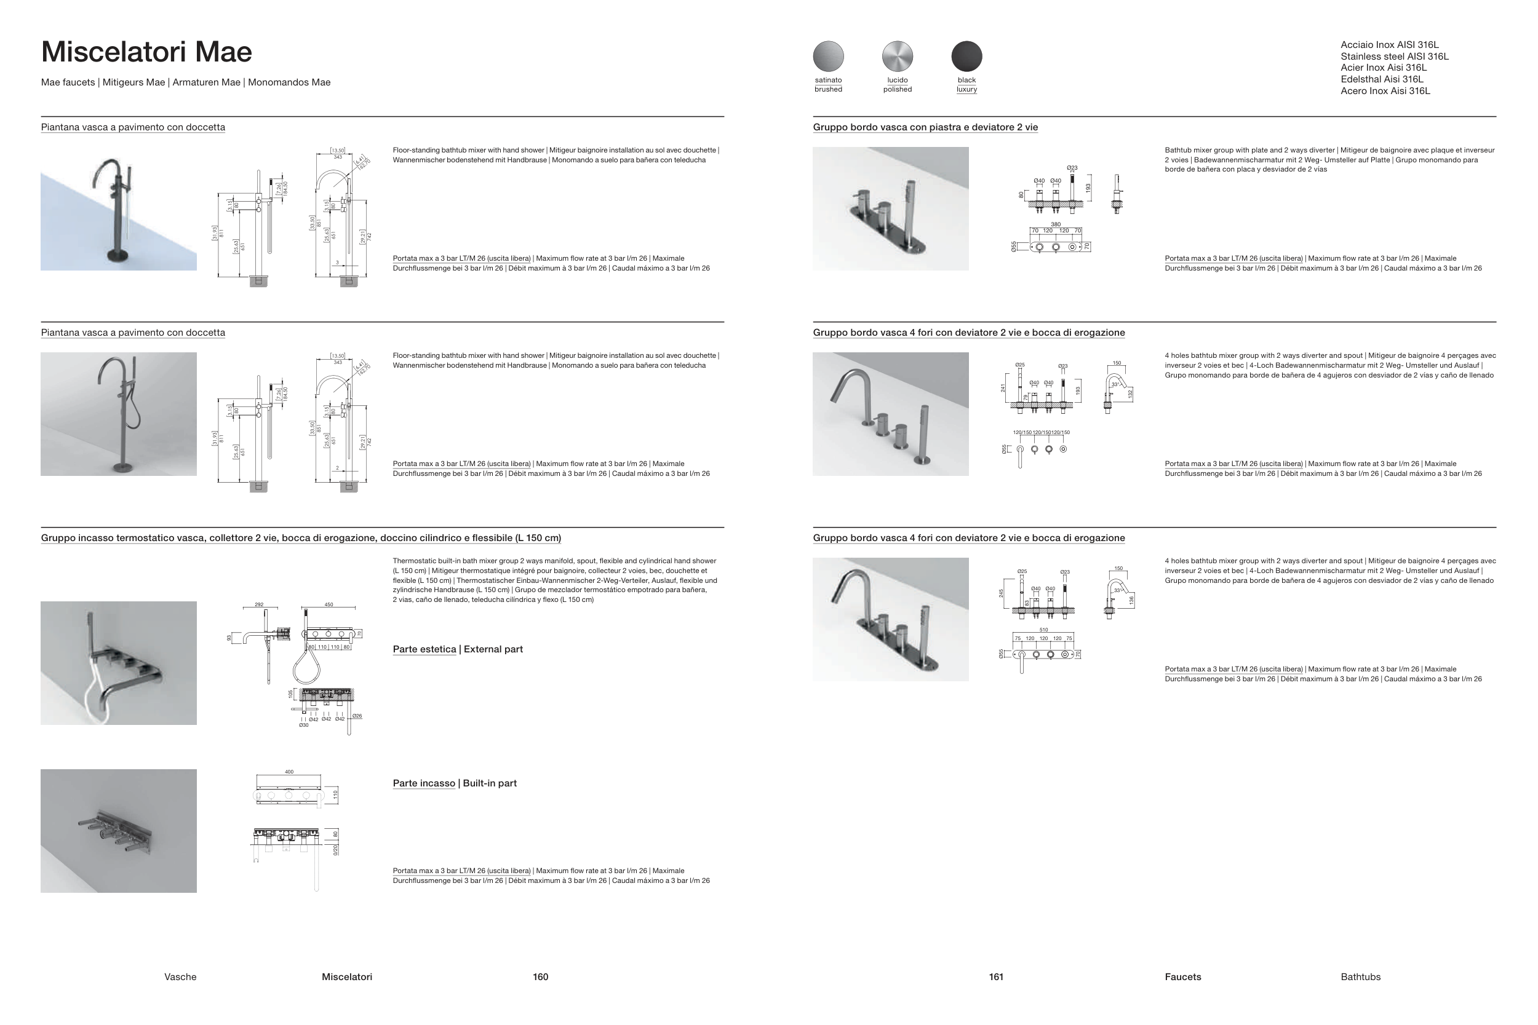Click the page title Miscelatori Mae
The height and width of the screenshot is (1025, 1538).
point(146,52)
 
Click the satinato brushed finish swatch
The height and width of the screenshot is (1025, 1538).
point(828,56)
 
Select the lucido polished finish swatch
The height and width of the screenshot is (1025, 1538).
point(897,56)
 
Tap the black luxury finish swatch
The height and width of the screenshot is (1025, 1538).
point(966,56)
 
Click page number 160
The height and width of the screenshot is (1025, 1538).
point(540,976)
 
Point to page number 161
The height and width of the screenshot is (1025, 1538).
point(996,976)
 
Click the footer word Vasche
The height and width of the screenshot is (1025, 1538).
point(180,976)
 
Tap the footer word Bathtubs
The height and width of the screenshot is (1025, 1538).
point(1360,976)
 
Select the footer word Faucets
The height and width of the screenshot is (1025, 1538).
point(1182,976)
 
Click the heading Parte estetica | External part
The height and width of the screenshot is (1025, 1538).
point(458,649)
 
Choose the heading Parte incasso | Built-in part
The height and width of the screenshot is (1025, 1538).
point(455,783)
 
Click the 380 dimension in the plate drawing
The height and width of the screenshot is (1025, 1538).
point(1056,224)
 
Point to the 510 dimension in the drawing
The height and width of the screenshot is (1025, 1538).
point(1043,630)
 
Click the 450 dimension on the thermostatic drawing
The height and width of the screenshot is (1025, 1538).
point(329,604)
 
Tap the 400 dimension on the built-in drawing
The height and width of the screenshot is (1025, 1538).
point(289,772)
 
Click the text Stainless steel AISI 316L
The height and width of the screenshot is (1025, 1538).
point(1394,57)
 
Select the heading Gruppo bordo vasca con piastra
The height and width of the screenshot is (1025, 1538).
point(925,127)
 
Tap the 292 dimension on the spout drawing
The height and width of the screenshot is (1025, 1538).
point(259,604)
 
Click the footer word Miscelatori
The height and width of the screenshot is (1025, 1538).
point(346,976)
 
